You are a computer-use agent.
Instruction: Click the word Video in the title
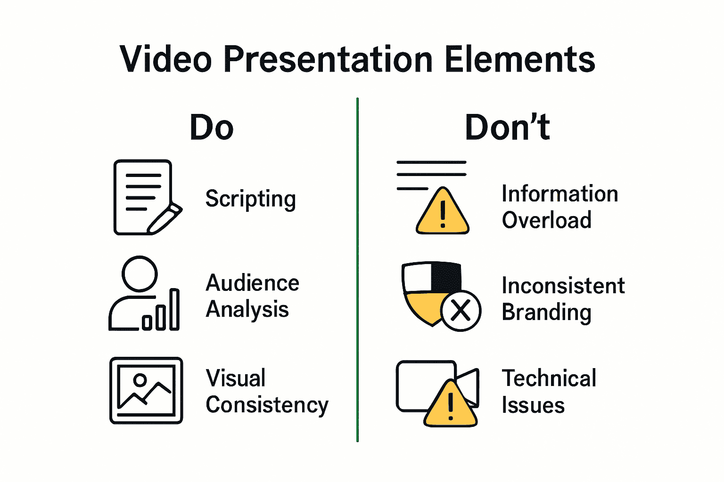click(165, 60)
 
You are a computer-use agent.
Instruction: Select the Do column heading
click(212, 128)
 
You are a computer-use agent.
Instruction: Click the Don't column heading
click(507, 128)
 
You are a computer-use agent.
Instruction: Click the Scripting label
click(250, 199)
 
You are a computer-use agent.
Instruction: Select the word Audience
click(253, 283)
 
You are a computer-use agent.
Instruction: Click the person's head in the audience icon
click(140, 273)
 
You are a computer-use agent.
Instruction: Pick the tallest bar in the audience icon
click(174, 309)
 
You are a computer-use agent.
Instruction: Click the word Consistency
click(267, 405)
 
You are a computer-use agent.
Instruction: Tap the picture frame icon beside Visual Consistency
click(146, 390)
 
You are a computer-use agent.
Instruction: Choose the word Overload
click(546, 220)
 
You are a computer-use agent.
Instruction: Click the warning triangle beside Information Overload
click(442, 213)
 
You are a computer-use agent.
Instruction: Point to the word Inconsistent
click(563, 286)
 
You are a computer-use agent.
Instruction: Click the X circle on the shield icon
click(461, 311)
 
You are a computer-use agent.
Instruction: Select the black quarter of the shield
click(446, 277)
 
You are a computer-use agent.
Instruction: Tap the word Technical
click(549, 378)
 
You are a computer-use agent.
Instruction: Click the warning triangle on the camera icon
click(451, 405)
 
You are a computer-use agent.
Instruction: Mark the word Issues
click(533, 405)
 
